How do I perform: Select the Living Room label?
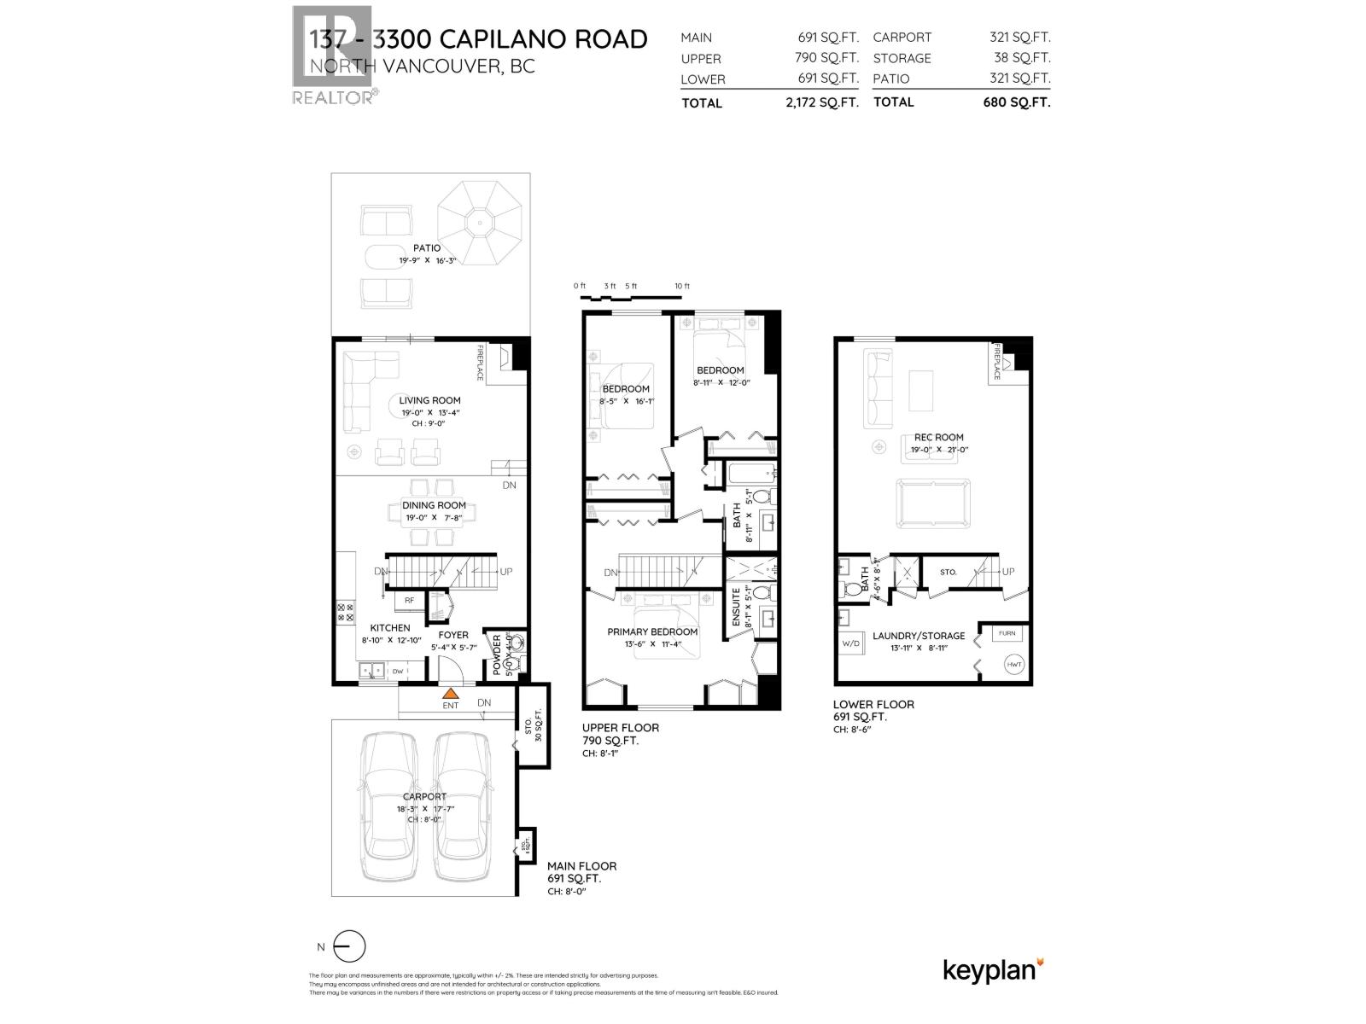tap(429, 400)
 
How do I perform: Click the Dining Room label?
tap(434, 505)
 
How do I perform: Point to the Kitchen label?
tap(389, 628)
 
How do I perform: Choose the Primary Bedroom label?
tap(652, 632)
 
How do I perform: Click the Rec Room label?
tap(937, 438)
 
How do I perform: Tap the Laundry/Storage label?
tap(919, 636)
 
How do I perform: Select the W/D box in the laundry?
tap(851, 643)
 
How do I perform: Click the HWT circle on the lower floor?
tap(1014, 665)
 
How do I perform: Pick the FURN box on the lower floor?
tap(1007, 633)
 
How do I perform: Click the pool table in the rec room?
tap(932, 503)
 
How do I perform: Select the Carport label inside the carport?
tap(424, 797)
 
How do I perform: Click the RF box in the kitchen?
tap(410, 601)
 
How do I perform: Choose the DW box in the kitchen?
tap(398, 672)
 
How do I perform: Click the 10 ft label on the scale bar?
tap(681, 286)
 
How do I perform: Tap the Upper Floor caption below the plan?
tap(620, 728)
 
